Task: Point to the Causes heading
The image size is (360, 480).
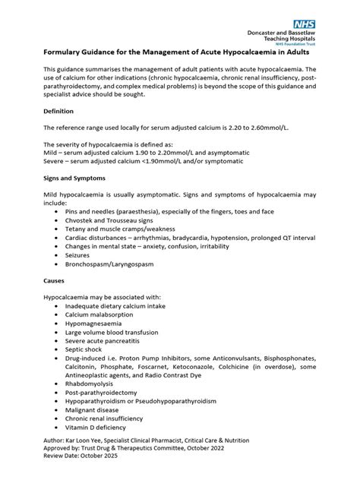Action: pyautogui.click(x=56, y=279)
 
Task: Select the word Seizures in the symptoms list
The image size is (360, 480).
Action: pyautogui.click(x=81, y=255)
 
